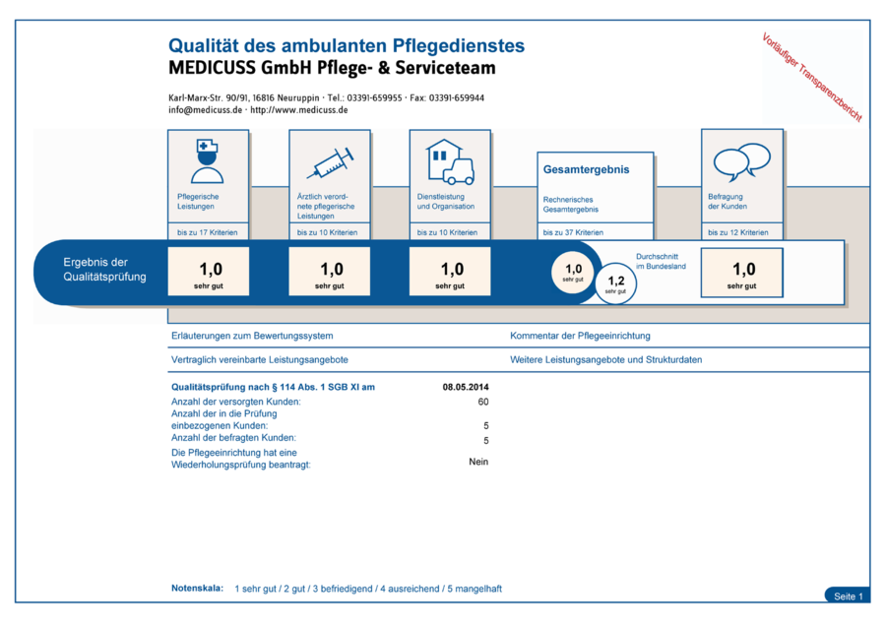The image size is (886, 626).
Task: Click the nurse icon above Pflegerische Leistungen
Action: point(208,161)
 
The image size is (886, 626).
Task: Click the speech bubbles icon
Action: point(741,161)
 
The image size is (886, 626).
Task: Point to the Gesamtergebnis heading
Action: point(586,169)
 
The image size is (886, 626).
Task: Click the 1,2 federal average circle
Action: point(616,282)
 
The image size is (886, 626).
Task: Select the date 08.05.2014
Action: point(466,387)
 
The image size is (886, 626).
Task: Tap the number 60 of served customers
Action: point(483,402)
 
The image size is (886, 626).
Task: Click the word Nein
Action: point(478,462)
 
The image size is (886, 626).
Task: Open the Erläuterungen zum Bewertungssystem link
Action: point(252,336)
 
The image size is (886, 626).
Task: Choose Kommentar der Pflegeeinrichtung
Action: point(580,336)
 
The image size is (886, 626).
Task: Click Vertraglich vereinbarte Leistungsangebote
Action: point(260,360)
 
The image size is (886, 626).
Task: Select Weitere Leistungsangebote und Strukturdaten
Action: point(606,360)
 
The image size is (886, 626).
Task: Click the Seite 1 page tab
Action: point(848,596)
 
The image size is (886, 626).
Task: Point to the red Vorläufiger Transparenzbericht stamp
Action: point(812,77)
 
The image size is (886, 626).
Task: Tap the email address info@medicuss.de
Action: point(205,110)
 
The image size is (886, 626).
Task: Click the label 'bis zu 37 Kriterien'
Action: point(573,232)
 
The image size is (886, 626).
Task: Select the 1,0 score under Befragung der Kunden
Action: point(742,271)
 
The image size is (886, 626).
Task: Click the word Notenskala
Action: point(197,589)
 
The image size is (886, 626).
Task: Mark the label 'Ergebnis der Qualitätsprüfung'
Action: point(104,269)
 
